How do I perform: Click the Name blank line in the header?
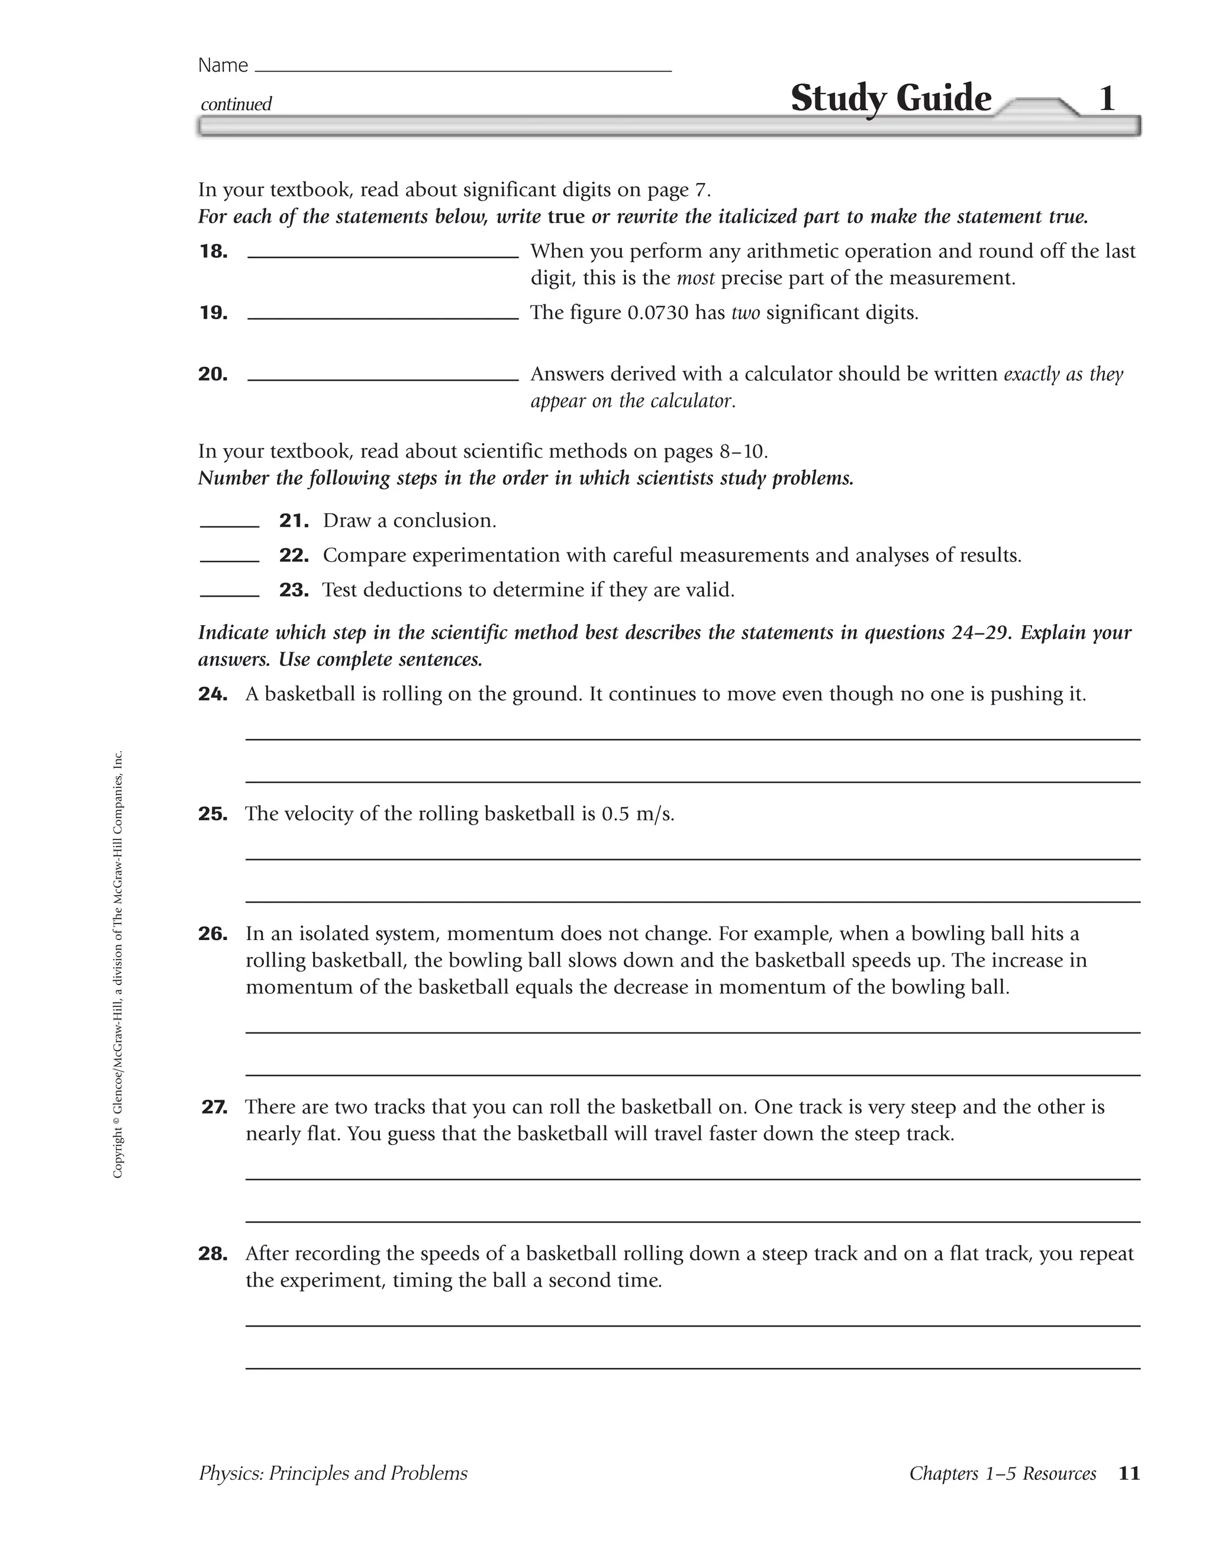tap(462, 70)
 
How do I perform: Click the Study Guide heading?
tap(891, 98)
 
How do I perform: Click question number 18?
tap(213, 252)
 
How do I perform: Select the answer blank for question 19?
tap(383, 317)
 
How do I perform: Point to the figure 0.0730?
tap(657, 313)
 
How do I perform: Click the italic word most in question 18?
tap(695, 278)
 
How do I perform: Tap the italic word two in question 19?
tap(745, 313)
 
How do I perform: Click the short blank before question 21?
tap(230, 525)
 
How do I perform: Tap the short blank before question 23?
tap(230, 594)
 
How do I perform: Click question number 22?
tap(294, 555)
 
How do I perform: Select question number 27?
tap(214, 1107)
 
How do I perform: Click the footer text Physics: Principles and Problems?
tap(333, 1473)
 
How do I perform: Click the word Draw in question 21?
tap(346, 520)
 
